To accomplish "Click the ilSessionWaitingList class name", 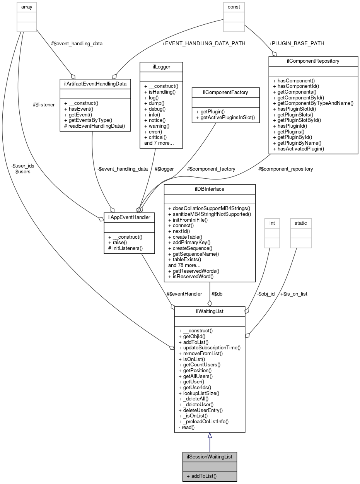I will [x=210, y=457].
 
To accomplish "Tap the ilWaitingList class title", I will [x=210, y=311].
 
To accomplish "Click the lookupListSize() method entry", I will [x=199, y=393].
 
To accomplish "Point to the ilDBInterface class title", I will [x=210, y=189].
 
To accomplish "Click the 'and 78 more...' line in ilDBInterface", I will [x=184, y=265].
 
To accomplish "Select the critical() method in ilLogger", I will [x=155, y=137].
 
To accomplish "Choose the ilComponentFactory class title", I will [x=226, y=92].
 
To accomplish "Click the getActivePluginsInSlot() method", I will [x=225, y=117].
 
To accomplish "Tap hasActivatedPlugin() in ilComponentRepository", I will [x=298, y=149].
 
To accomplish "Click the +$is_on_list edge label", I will [x=294, y=294].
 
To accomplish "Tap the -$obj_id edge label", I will [x=266, y=294].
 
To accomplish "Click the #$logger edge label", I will [x=164, y=169].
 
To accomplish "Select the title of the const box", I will [x=234, y=7].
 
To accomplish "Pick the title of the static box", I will [x=300, y=223].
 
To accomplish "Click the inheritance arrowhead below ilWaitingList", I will [x=210, y=436].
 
